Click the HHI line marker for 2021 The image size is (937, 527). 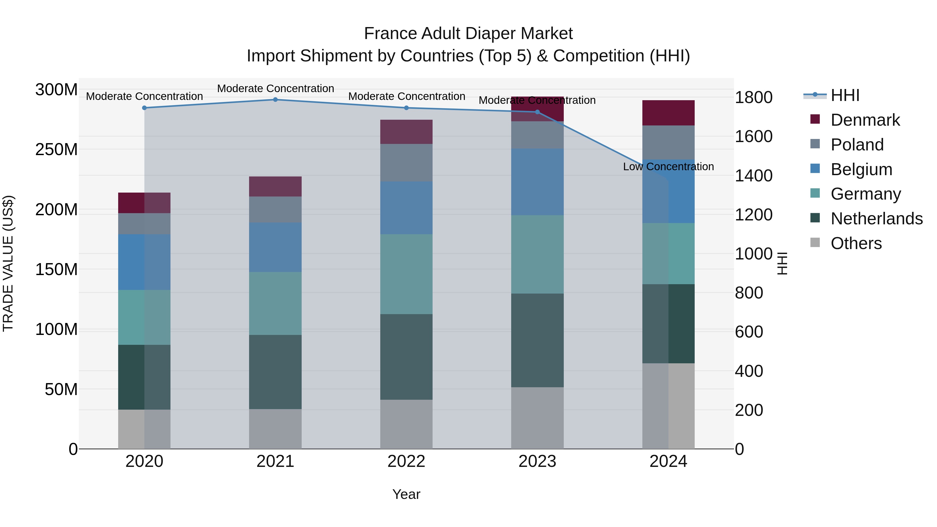pos(275,100)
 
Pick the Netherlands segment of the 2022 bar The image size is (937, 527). pos(406,357)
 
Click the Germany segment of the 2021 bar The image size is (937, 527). pos(275,303)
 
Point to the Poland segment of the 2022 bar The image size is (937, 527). pos(406,163)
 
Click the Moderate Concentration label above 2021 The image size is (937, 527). pos(275,88)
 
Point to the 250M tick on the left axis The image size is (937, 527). pos(56,149)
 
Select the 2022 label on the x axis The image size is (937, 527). pos(406,461)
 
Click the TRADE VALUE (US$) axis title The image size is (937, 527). pos(8,263)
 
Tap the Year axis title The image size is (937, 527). pos(406,494)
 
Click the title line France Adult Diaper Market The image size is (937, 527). pos(468,34)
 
